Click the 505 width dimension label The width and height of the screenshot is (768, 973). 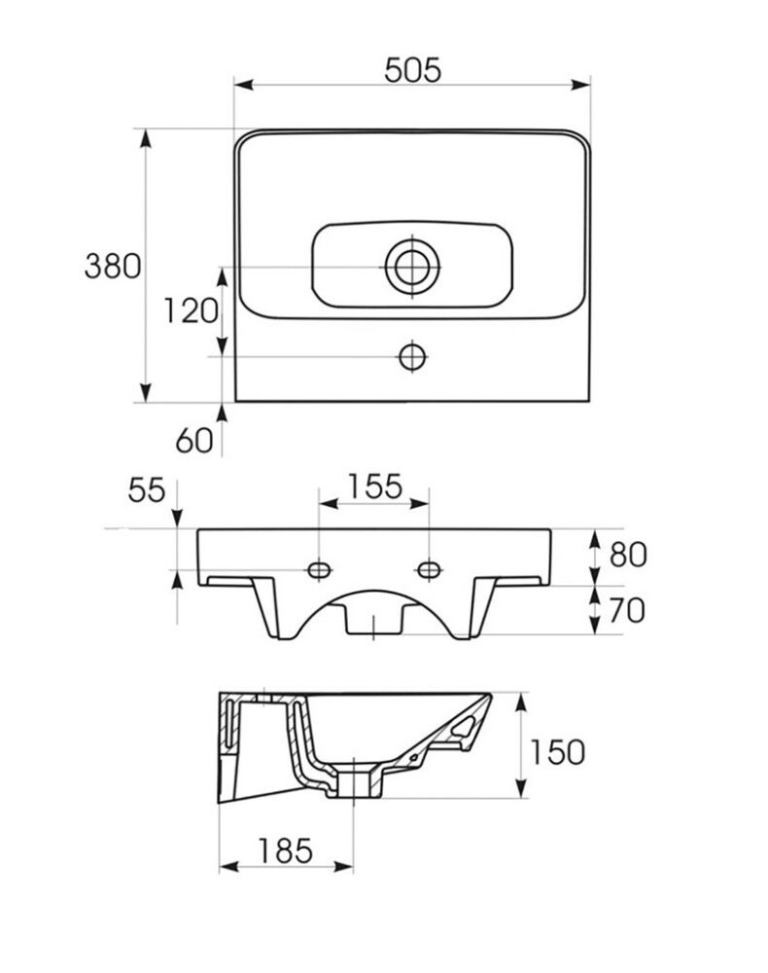(x=412, y=69)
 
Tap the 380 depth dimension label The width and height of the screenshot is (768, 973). (x=113, y=267)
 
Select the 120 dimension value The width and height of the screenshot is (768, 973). (x=191, y=311)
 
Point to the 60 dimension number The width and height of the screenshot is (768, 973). (x=194, y=441)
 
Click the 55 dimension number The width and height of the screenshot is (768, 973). (x=147, y=490)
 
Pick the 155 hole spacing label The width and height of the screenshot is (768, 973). (x=374, y=486)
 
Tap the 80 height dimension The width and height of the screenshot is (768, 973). (x=628, y=555)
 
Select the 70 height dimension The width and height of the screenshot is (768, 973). (x=626, y=611)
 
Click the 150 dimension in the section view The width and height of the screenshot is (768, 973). (x=557, y=752)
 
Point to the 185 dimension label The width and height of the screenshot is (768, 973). (x=285, y=850)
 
